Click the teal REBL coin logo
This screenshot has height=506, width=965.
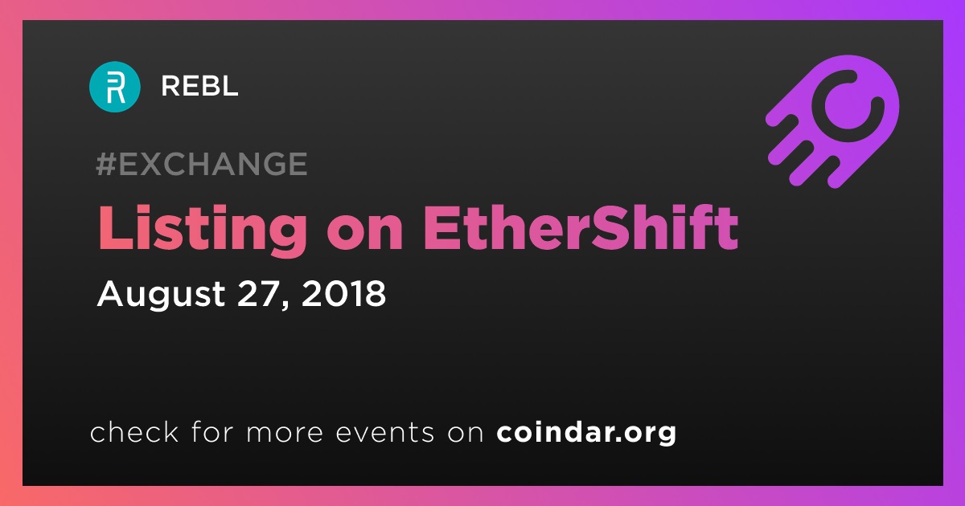[x=114, y=87]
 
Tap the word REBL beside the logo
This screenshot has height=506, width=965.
[x=199, y=86]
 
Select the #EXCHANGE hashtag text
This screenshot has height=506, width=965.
[x=202, y=164]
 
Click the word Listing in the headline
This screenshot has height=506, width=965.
[x=203, y=231]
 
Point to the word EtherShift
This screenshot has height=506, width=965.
[x=581, y=227]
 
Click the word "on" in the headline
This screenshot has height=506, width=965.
[x=365, y=235]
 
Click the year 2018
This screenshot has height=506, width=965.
[x=343, y=293]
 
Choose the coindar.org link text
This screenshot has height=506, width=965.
[x=586, y=432]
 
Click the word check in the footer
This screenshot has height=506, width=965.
[x=134, y=431]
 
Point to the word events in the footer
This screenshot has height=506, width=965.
[x=384, y=433]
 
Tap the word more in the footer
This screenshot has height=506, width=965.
[x=285, y=433]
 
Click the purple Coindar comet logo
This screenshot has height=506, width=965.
[x=832, y=122]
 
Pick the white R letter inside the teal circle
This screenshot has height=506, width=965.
[x=116, y=88]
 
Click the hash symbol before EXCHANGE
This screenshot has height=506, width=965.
[x=106, y=164]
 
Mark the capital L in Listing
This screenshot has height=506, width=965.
[x=115, y=227]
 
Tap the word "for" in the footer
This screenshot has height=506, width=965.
[x=212, y=431]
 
